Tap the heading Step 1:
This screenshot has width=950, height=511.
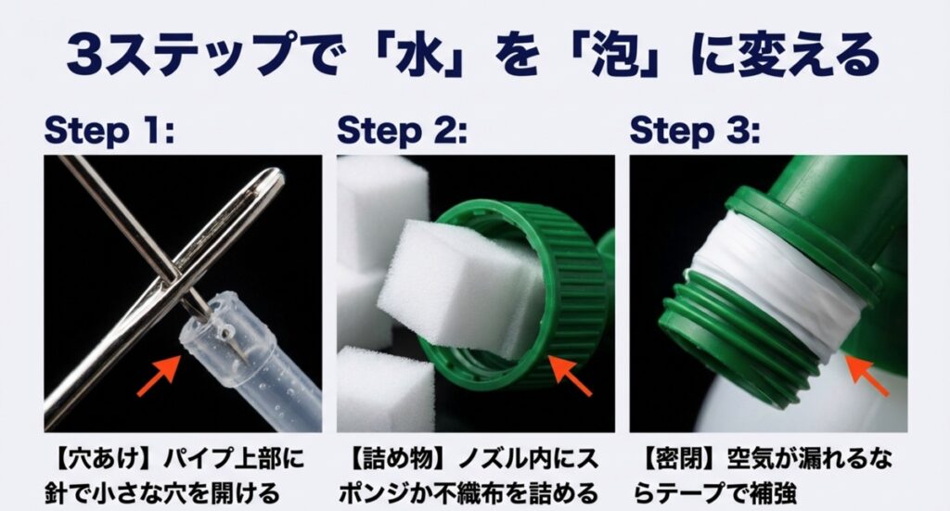click(x=109, y=131)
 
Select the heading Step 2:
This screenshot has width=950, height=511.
click(x=402, y=131)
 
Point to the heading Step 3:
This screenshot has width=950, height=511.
click(x=694, y=131)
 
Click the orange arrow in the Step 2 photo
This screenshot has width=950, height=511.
click(x=568, y=375)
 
